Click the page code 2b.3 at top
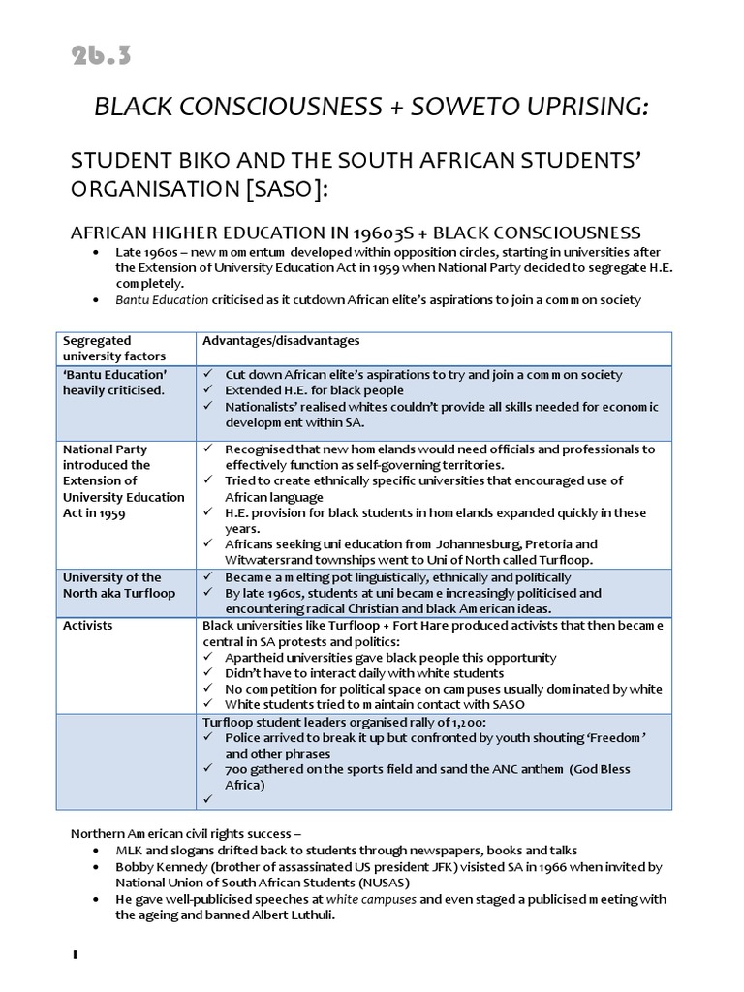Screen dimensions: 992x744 (100, 56)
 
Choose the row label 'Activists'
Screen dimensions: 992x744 (87, 626)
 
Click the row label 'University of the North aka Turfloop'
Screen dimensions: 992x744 (111, 584)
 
